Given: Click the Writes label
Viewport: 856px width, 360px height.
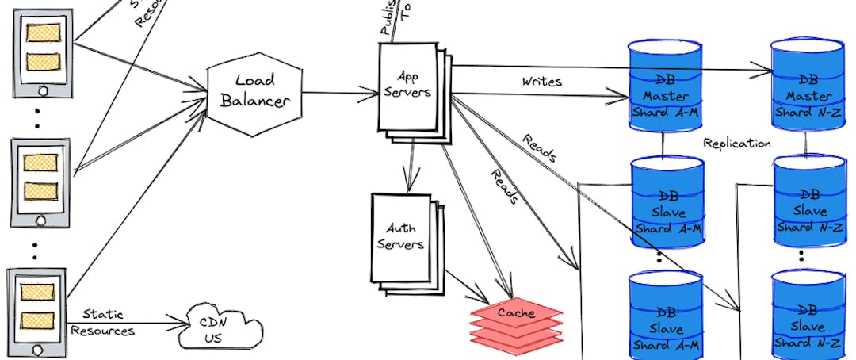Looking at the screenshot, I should coord(542,82).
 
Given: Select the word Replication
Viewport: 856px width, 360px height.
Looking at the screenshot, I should coord(736,144).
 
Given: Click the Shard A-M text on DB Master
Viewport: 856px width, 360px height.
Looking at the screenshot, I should coord(667,112).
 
